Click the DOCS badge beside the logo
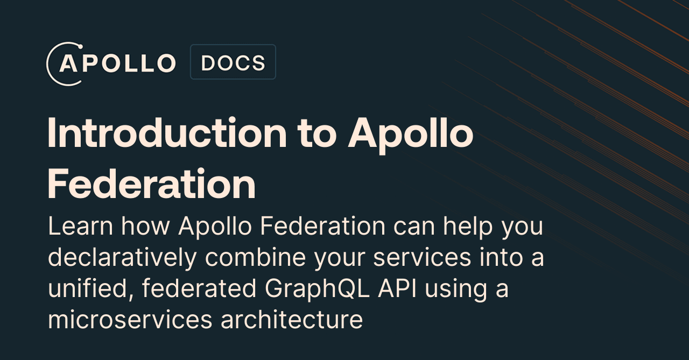233,62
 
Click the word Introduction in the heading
167,134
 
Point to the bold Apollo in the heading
411,134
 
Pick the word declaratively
122,258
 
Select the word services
414,258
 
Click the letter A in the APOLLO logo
69,63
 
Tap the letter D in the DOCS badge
208,63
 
